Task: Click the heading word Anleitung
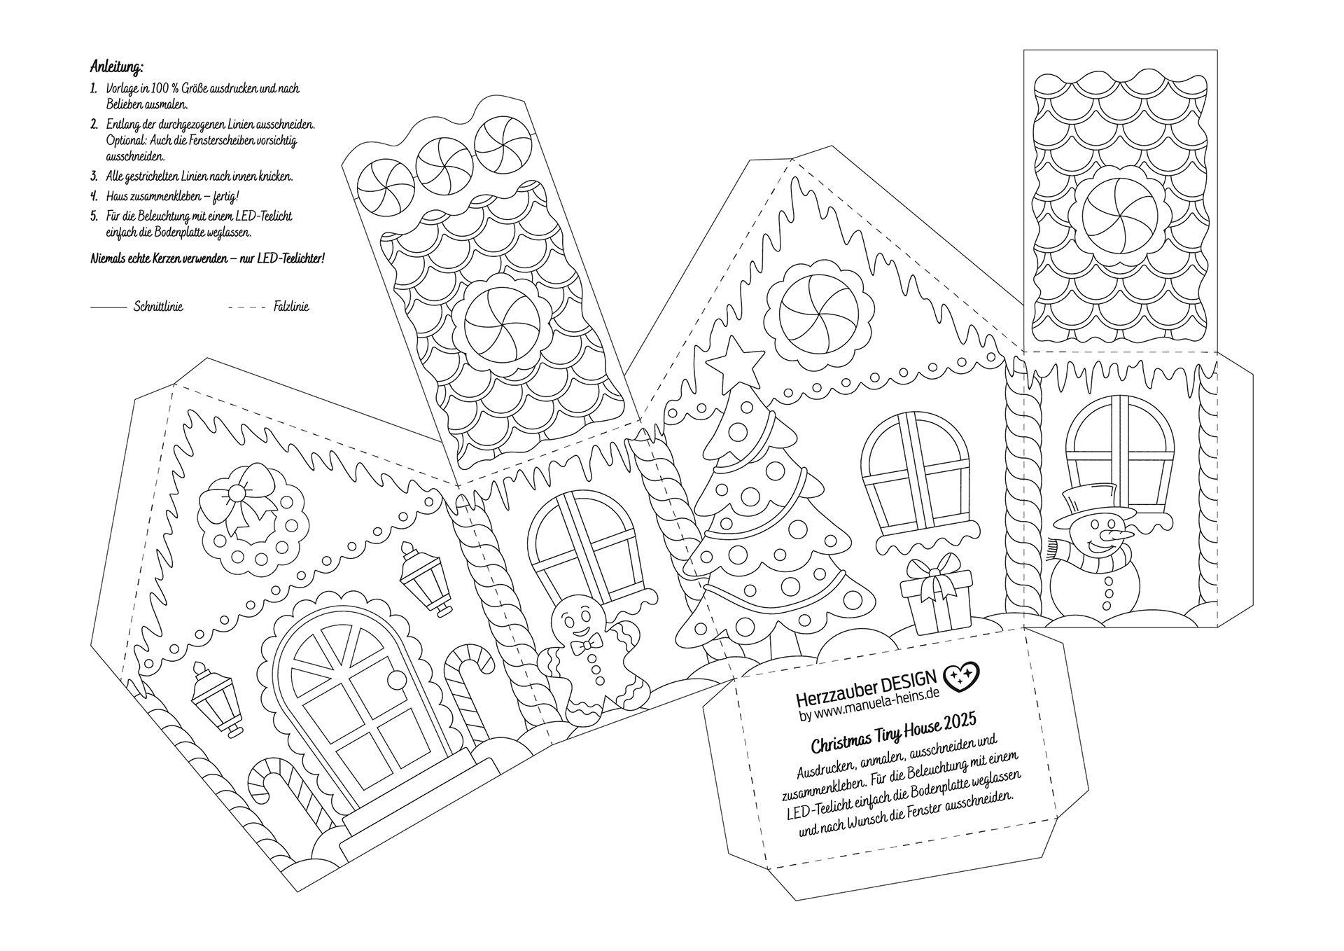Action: pos(117,67)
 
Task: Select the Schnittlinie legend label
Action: pos(158,307)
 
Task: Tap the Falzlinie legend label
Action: pos(290,307)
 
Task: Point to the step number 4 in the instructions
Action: pos(94,195)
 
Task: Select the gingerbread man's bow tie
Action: pos(586,644)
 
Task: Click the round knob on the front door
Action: pos(396,679)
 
